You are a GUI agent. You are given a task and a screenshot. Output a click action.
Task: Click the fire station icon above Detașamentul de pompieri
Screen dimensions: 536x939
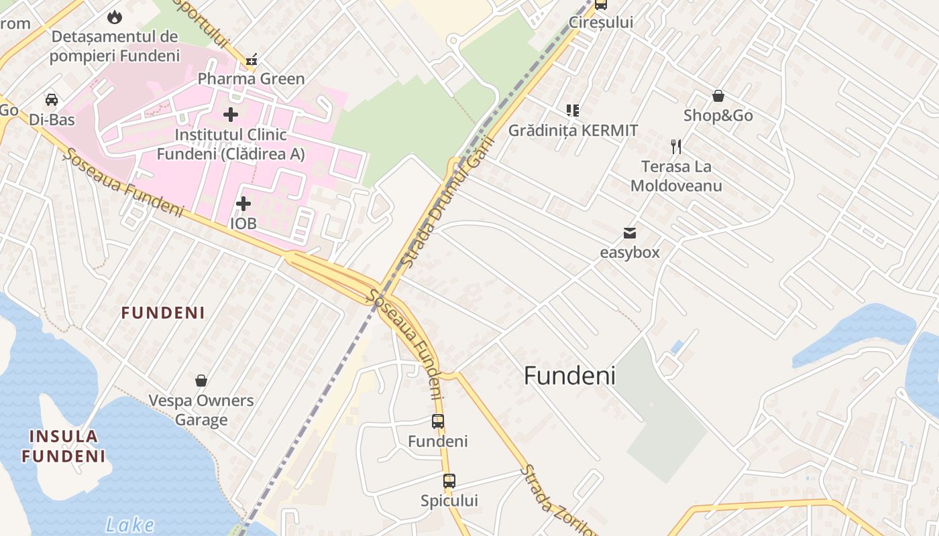coord(115,16)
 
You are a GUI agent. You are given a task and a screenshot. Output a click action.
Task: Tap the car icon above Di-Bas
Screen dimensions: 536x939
coord(52,100)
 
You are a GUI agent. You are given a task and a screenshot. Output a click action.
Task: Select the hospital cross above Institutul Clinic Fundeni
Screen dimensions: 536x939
coord(231,115)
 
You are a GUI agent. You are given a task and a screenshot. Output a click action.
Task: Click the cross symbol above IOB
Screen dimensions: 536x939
coord(243,203)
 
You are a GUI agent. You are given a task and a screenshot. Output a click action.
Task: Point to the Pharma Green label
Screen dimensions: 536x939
coord(251,79)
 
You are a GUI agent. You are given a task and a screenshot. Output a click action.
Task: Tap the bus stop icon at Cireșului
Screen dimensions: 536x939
coord(601,5)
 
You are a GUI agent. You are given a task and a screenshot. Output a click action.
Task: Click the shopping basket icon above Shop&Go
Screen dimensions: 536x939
coord(718,96)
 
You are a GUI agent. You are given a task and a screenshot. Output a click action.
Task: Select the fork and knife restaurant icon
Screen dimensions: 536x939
coord(676,147)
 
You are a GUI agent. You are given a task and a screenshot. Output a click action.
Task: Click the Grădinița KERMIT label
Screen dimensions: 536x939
coord(573,130)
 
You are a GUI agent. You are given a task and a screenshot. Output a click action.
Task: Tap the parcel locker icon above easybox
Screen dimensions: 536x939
coord(629,233)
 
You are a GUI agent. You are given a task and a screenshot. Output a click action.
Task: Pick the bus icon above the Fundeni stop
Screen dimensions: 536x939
coord(438,421)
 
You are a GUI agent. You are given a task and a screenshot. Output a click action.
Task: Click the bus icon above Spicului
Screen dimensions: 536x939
coord(449,480)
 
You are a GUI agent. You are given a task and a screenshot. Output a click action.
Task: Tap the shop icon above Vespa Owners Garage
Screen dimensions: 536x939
coord(201,381)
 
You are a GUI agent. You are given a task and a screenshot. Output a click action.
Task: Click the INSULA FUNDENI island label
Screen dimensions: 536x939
coord(64,446)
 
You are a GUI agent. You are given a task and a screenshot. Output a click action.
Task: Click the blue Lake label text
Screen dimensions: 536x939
coord(130,525)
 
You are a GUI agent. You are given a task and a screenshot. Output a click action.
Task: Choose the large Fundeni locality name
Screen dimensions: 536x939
coord(569,376)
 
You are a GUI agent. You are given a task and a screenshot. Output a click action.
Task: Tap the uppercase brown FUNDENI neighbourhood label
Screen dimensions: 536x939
coord(163,313)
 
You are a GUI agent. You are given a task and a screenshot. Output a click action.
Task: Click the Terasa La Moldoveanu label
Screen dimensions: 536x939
coord(676,176)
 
